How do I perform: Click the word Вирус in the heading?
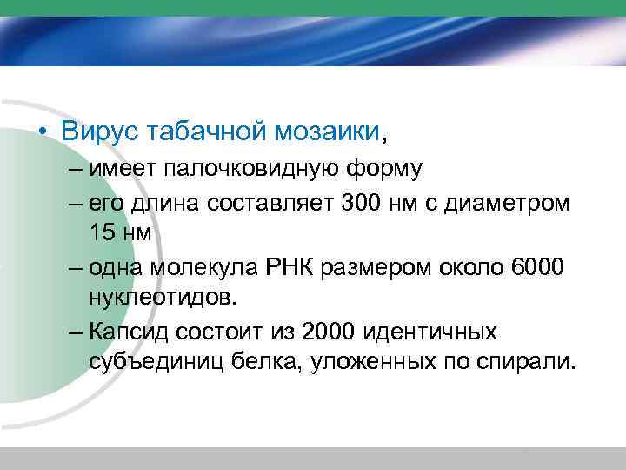tap(99, 132)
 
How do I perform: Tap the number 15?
tap(102, 233)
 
